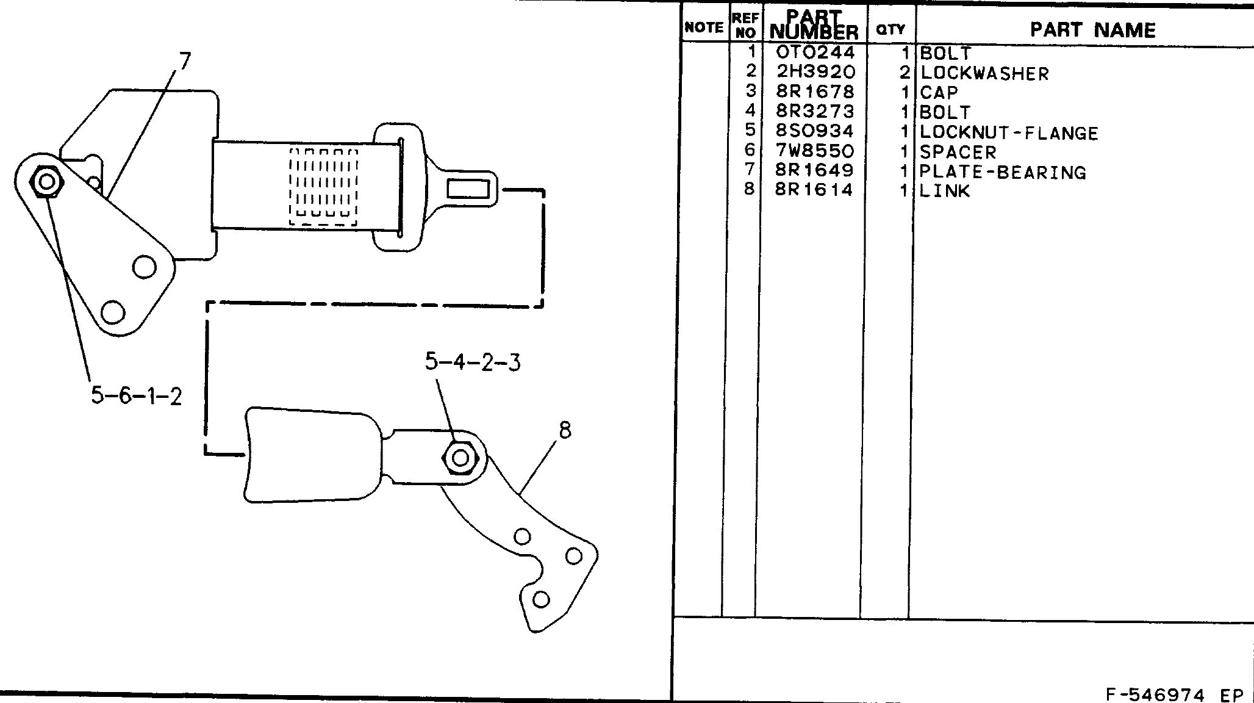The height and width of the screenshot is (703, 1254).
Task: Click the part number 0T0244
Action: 815,52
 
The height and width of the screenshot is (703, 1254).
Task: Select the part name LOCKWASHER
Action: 984,73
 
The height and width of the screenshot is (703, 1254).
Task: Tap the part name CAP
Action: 939,93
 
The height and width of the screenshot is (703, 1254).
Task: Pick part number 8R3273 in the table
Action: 815,111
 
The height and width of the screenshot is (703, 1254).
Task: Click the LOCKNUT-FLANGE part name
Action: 1009,132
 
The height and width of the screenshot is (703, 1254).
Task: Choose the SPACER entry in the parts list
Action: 958,152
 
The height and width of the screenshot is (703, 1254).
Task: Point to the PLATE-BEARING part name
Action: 1003,172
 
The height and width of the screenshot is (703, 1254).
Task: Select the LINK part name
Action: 944,191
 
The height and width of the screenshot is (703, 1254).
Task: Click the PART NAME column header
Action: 1092,29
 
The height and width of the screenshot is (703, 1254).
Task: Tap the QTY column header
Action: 890,29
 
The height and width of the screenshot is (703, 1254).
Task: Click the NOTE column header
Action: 704,27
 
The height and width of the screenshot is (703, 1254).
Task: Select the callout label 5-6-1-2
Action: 137,396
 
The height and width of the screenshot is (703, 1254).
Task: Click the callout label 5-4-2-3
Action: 473,362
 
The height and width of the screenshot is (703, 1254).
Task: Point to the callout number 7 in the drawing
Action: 185,61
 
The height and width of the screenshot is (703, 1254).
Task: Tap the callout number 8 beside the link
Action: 565,430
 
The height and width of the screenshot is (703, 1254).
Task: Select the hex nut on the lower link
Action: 461,458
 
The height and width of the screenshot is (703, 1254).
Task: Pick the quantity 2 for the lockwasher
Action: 905,73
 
